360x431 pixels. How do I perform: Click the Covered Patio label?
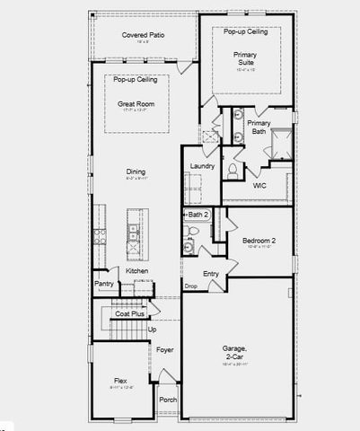click(x=143, y=34)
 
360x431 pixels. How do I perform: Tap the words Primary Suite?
click(x=245, y=57)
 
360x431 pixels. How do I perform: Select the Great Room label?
click(x=136, y=103)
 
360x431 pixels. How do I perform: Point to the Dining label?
click(x=136, y=172)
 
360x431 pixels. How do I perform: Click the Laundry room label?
click(x=201, y=165)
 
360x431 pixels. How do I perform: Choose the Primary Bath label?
click(x=259, y=127)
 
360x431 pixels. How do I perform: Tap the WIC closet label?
click(x=260, y=185)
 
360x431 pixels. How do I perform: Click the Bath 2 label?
click(x=198, y=215)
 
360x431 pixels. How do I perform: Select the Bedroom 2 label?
click(x=259, y=240)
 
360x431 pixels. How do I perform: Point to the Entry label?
click(x=211, y=273)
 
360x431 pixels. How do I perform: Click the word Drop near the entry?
click(x=190, y=286)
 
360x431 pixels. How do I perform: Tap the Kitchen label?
click(x=136, y=270)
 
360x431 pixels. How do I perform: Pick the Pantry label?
click(x=103, y=284)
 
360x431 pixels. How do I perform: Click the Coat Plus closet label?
click(x=129, y=313)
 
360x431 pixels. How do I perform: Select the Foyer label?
click(x=164, y=349)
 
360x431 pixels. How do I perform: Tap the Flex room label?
click(x=120, y=380)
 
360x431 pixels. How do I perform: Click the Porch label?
click(x=168, y=399)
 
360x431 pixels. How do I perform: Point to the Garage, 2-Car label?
click(x=237, y=352)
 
